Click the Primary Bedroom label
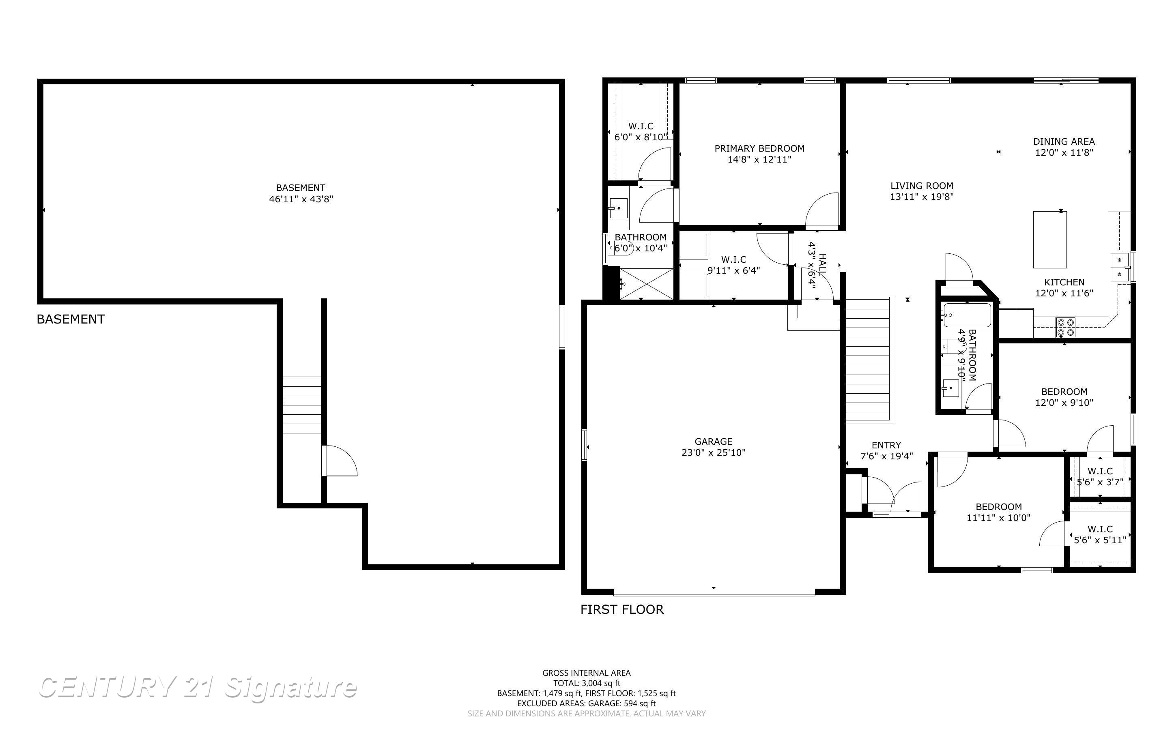[759, 148]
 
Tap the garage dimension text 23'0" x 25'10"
[713, 452]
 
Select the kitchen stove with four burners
[1065, 327]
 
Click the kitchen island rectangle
[1049, 240]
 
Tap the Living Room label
[921, 186]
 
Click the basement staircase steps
[302, 405]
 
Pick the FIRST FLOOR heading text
[621, 609]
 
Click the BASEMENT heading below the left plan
[71, 319]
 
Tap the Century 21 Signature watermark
[198, 688]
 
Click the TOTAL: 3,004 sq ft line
[586, 683]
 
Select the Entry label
[886, 445]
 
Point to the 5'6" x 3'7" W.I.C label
[1099, 482]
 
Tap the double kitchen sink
[1120, 267]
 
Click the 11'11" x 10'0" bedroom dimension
[998, 517]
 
